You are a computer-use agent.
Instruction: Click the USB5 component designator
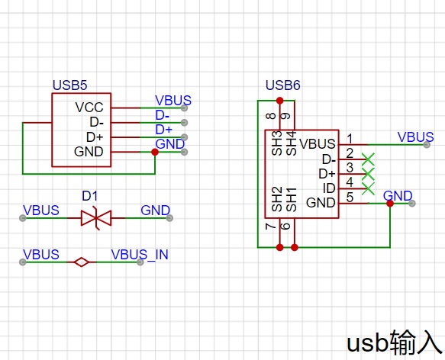click(69, 85)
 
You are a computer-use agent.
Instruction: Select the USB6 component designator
click(283, 85)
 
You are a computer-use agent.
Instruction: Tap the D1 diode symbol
click(96, 218)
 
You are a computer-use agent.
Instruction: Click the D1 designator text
click(89, 196)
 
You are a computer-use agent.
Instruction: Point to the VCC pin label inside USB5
click(89, 108)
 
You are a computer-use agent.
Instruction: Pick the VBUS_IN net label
click(140, 255)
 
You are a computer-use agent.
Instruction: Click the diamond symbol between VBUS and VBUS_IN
click(82, 262)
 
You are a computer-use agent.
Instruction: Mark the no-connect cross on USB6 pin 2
click(368, 159)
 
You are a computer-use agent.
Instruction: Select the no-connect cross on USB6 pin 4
click(368, 188)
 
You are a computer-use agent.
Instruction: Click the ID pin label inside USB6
click(329, 188)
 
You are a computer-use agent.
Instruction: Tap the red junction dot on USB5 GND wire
click(155, 152)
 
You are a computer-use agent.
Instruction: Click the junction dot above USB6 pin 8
click(280, 101)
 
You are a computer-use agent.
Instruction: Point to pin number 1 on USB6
click(350, 139)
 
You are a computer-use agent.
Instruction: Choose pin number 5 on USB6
click(350, 198)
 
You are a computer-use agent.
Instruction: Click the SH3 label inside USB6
click(277, 143)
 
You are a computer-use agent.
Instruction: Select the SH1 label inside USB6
click(292, 199)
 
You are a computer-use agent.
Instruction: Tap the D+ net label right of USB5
click(164, 130)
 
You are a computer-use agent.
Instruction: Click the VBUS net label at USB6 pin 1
click(415, 137)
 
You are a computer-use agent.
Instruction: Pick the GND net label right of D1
click(155, 211)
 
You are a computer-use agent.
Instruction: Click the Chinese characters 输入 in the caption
click(416, 342)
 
